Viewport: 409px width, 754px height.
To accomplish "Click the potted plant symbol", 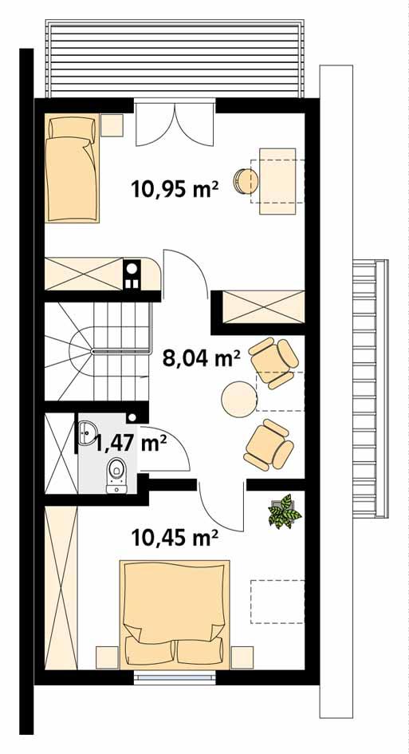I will click(x=284, y=511).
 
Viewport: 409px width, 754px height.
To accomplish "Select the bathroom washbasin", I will click(x=87, y=432).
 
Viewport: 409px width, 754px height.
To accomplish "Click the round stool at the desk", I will click(x=242, y=180).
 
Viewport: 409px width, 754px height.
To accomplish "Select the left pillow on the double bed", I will click(x=147, y=650).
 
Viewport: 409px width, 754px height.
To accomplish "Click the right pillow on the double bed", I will click(x=199, y=650).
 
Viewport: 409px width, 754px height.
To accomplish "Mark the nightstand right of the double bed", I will click(x=242, y=657).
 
